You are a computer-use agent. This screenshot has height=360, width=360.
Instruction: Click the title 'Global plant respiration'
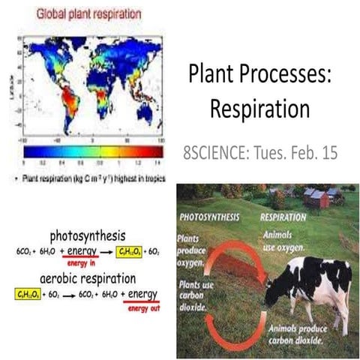click(81, 13)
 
